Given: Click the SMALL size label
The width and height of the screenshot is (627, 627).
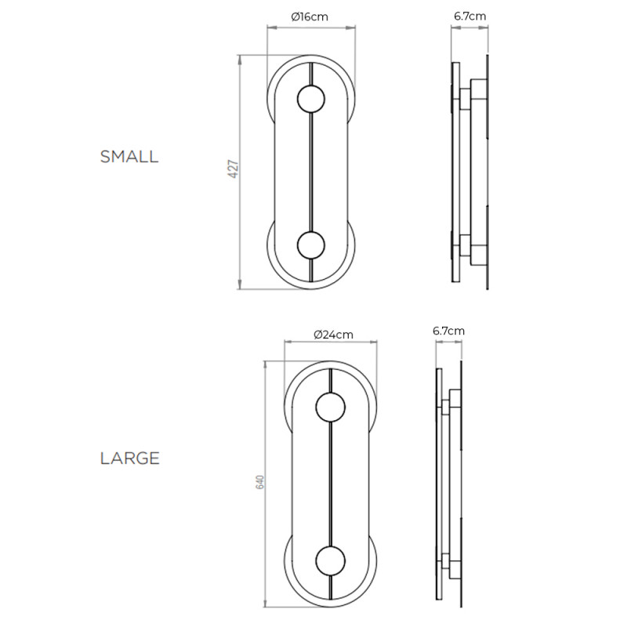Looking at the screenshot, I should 129,156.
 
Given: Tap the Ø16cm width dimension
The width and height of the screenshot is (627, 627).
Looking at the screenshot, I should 311,16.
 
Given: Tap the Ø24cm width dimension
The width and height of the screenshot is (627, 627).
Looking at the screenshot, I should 332,335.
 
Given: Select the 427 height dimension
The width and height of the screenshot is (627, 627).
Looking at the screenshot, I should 233,171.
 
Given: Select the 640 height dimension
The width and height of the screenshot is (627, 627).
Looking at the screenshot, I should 259,483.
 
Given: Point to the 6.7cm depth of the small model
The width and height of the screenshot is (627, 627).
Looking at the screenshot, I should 469,16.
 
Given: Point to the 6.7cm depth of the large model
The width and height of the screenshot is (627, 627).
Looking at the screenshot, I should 448,331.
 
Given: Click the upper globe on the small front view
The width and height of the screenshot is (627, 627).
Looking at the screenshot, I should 311,100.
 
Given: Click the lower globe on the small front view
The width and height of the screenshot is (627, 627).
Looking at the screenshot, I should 311,245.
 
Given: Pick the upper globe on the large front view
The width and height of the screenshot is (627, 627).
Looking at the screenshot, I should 330,408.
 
